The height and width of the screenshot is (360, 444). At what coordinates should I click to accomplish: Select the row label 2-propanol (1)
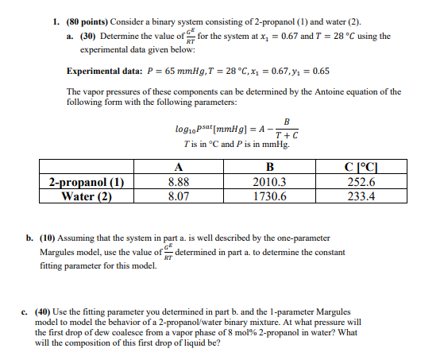coord(87,182)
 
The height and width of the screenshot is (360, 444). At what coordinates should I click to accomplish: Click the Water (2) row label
coord(87,195)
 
